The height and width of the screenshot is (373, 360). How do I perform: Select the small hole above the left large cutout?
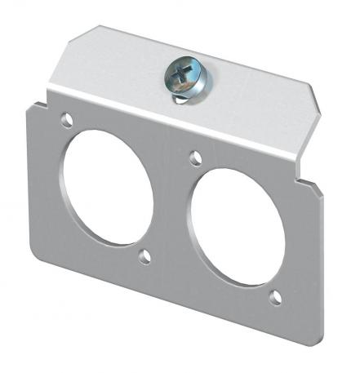tap(65, 120)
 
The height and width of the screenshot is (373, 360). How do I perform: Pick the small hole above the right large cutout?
tap(194, 156)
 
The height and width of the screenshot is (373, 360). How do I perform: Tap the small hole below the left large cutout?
tap(144, 258)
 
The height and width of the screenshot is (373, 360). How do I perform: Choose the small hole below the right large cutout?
tap(276, 298)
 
